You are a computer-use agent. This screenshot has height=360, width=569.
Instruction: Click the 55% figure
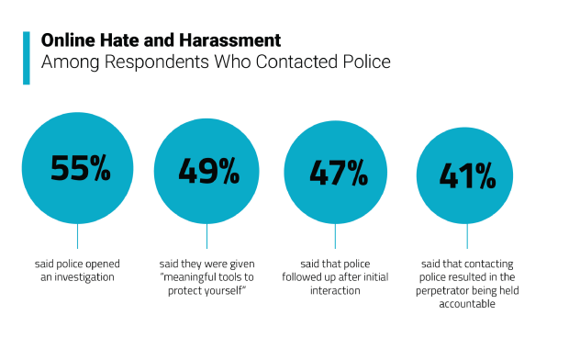[80, 168]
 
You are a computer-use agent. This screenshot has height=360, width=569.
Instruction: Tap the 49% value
[208, 171]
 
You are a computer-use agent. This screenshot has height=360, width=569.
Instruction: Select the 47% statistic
[339, 173]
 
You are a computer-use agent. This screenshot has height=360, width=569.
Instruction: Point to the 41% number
[467, 175]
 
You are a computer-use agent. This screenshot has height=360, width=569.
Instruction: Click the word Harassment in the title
[230, 40]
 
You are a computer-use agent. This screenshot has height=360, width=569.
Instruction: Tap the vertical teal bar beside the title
[27, 58]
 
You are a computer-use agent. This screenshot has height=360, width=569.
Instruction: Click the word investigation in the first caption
[84, 277]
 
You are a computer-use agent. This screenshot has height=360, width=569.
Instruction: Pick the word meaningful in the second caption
[190, 277]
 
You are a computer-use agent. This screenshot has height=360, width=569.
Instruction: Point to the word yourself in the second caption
[222, 290]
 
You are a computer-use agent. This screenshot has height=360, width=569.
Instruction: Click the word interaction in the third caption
[335, 290]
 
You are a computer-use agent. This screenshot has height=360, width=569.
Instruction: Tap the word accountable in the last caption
[467, 304]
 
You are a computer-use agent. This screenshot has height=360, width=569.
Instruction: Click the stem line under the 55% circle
[78, 236]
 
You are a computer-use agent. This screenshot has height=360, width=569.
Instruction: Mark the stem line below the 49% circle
[206, 236]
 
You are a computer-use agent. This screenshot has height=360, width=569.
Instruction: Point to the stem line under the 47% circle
[335, 236]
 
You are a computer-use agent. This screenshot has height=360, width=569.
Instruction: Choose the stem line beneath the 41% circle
[467, 236]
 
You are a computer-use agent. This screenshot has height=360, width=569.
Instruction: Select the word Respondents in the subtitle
[157, 62]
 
